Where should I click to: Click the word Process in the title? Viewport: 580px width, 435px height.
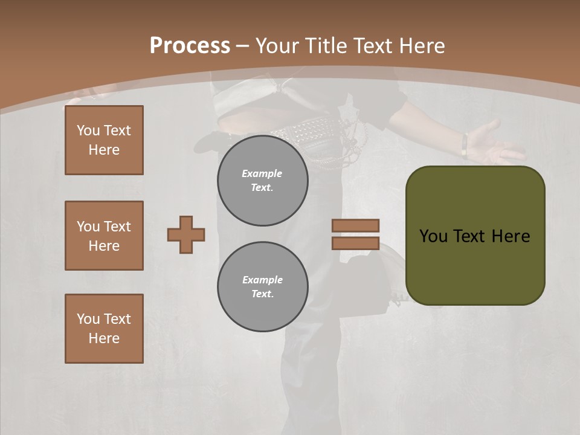pyautogui.click(x=190, y=46)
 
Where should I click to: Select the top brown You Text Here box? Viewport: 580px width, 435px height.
pyautogui.click(x=104, y=140)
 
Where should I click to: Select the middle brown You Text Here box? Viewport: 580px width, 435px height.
pyautogui.click(x=104, y=236)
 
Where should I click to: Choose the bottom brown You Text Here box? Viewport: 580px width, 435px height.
pyautogui.click(x=104, y=329)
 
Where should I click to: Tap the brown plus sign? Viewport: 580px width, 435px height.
pyautogui.click(x=186, y=234)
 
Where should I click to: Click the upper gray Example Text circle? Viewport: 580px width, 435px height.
pyautogui.click(x=263, y=181)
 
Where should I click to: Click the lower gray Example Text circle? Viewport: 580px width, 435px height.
pyautogui.click(x=263, y=287)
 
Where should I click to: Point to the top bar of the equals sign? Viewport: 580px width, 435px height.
pyautogui.click(x=355, y=225)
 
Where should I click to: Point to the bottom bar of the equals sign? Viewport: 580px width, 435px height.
pyautogui.click(x=355, y=243)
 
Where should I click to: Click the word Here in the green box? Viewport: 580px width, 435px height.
pyautogui.click(x=511, y=236)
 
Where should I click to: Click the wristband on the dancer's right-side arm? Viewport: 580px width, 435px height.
pyautogui.click(x=464, y=145)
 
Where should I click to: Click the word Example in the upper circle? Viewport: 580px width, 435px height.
pyautogui.click(x=262, y=173)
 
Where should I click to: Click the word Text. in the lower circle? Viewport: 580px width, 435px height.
pyautogui.click(x=262, y=294)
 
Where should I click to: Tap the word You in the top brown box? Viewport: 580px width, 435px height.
pyautogui.click(x=88, y=130)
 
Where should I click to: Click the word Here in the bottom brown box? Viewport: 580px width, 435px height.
pyautogui.click(x=104, y=338)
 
